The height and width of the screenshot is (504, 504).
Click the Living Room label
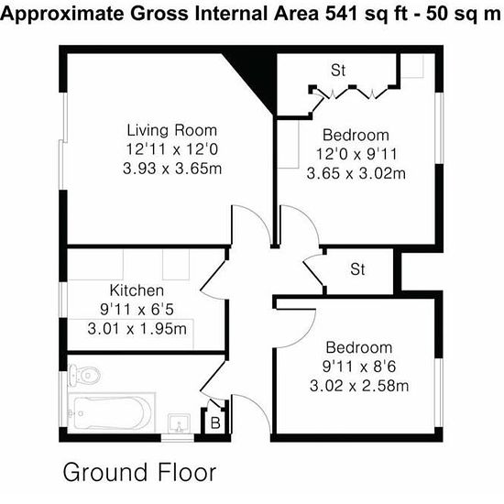point(172,130)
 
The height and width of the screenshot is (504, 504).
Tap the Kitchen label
point(137,290)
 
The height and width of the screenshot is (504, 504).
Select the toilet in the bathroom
point(84,375)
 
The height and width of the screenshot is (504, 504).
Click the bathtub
point(112,412)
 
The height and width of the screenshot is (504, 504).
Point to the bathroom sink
point(179,423)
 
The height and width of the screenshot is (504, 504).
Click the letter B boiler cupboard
point(215,423)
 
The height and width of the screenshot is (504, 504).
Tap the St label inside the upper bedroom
point(338,71)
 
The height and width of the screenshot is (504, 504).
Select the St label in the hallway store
point(357,269)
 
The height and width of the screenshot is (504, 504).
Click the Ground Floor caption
point(139,473)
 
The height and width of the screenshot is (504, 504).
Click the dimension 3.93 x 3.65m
point(172,169)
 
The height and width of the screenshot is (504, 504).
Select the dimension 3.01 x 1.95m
point(137,329)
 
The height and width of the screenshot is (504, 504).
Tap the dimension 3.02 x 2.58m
point(359,386)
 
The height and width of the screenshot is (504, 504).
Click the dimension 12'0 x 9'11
point(356,154)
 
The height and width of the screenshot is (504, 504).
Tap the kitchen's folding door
point(214,275)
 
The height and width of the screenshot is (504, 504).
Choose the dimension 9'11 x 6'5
point(137,310)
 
